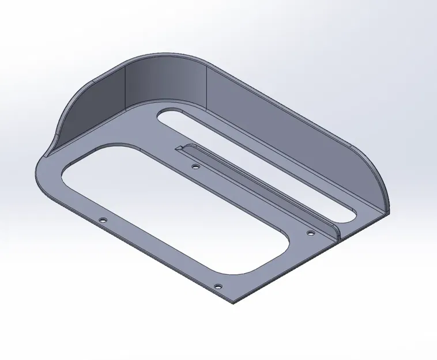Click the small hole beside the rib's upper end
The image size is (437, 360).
(x=195, y=166)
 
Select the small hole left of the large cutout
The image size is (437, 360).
(x=103, y=221)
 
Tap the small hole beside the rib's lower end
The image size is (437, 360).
(x=310, y=233)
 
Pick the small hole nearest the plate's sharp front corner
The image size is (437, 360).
(x=217, y=286)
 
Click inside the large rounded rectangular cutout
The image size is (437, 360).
(x=173, y=207)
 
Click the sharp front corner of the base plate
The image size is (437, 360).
(x=233, y=302)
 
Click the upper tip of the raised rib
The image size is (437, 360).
(x=179, y=148)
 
